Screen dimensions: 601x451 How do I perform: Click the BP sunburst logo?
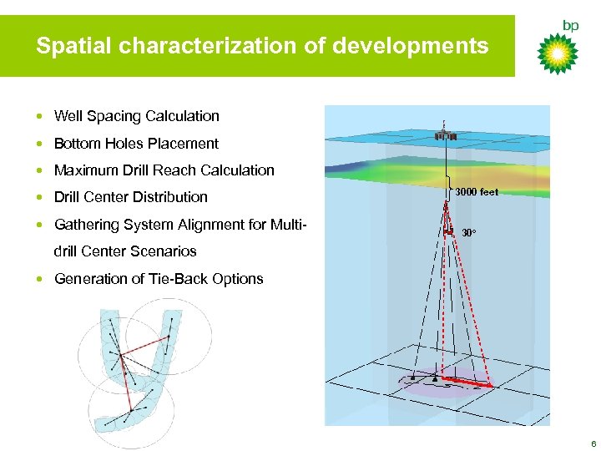click(557, 55)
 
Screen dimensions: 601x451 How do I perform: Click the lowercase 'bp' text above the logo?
click(570, 26)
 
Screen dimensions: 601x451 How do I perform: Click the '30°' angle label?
click(469, 232)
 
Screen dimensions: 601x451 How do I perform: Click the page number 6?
click(593, 443)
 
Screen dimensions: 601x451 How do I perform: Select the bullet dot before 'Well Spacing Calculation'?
click(41, 116)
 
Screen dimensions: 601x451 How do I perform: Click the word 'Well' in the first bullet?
click(68, 116)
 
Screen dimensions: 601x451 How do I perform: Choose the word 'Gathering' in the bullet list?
click(86, 224)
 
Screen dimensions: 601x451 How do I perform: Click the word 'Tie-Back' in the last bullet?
click(179, 279)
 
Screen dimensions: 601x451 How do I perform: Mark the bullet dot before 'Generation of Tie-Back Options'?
click(41, 279)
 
